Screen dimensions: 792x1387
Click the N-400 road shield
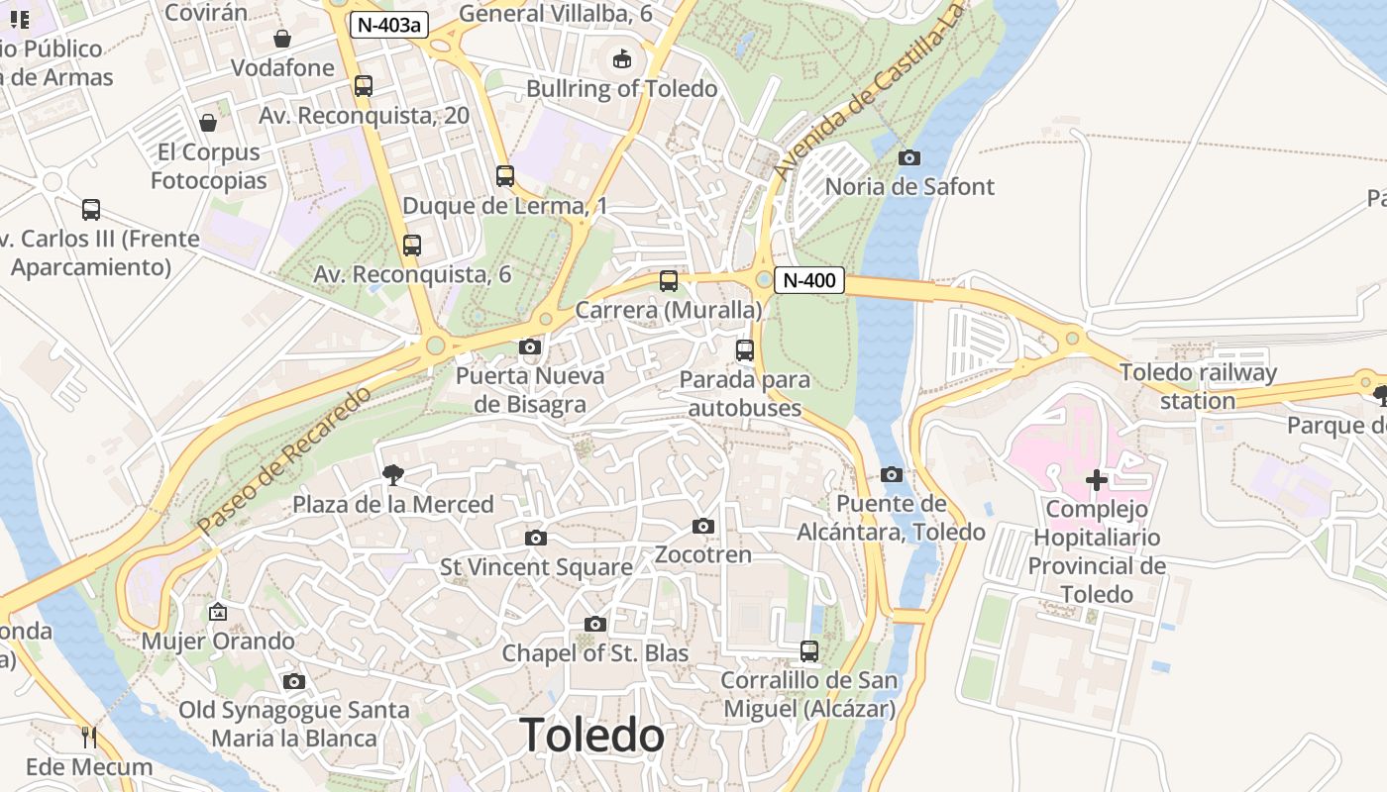click(x=808, y=280)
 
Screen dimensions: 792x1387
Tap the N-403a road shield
click(x=388, y=25)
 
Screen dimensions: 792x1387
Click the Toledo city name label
click(x=591, y=736)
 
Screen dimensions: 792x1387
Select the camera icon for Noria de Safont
click(x=908, y=157)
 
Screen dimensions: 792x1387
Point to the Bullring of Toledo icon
click(x=621, y=59)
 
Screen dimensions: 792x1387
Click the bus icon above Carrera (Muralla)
click(x=669, y=281)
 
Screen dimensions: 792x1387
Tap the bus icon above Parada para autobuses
click(x=744, y=350)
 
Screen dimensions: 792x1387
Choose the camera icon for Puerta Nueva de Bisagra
click(x=530, y=346)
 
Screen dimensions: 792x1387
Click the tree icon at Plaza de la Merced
click(x=393, y=475)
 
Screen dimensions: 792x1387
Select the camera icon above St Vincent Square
click(x=536, y=538)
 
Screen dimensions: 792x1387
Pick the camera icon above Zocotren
click(x=703, y=526)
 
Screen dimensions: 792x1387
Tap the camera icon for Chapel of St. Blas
click(x=594, y=624)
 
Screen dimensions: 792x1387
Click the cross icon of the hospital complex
click(x=1097, y=480)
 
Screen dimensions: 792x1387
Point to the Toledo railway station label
click(x=1198, y=387)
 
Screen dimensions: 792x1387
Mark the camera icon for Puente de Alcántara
click(x=892, y=474)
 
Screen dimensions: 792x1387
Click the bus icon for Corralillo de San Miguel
click(x=809, y=651)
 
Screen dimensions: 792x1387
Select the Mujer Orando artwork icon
click(x=218, y=612)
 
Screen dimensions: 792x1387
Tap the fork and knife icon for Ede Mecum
click(x=89, y=737)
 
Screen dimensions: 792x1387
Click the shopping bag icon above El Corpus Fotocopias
click(x=208, y=123)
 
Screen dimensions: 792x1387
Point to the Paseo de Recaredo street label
click(x=283, y=461)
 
